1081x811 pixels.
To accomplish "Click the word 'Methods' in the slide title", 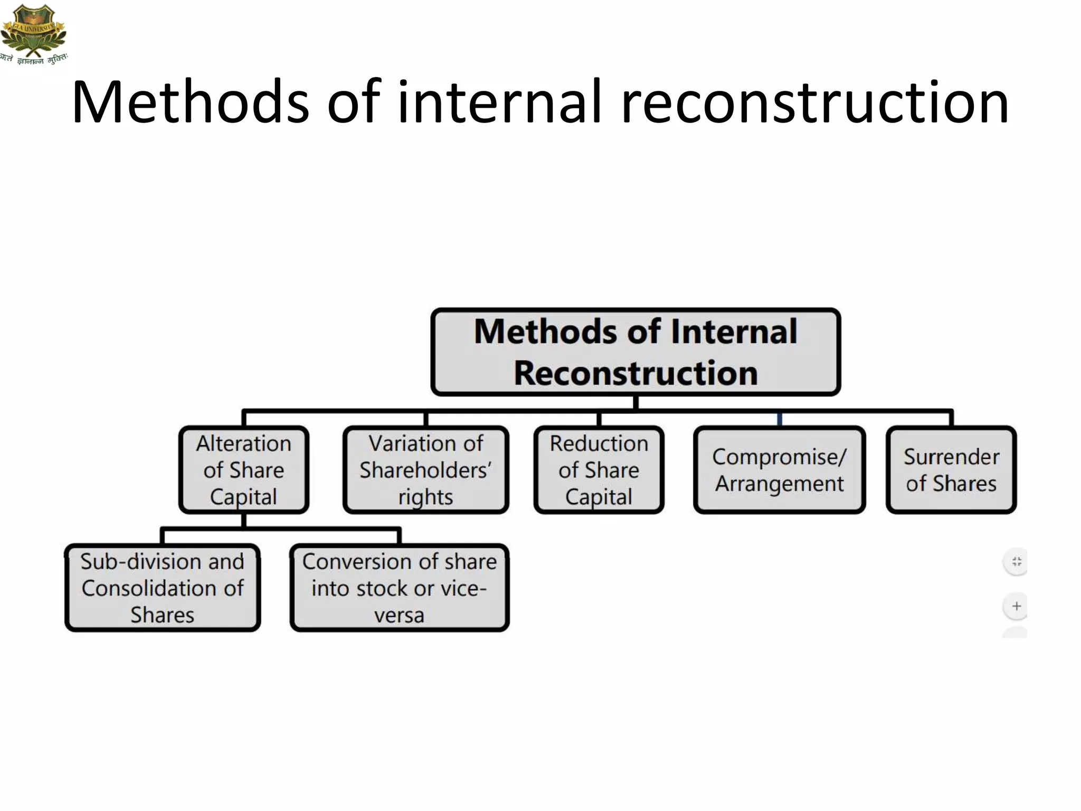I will coord(190,101).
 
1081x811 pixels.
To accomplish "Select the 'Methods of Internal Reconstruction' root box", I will coord(636,352).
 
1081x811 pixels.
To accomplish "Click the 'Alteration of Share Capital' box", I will coord(243,469).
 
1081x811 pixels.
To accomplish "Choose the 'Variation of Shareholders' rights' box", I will coord(425,469).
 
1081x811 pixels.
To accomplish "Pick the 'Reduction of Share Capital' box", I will coord(599,469).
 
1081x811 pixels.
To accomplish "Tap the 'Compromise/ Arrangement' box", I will coord(779,469).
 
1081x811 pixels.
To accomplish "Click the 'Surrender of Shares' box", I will coord(951,469).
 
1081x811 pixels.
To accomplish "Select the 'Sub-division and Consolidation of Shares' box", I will coord(162,588).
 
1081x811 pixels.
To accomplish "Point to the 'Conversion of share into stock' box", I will coord(399,588).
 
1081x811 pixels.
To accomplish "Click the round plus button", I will coord(1016,606).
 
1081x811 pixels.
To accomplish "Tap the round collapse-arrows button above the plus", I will coord(1016,561).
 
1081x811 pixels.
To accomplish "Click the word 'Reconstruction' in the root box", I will coord(636,373).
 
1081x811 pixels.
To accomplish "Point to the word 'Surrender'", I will coord(951,457).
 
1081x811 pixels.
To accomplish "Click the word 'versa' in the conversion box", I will coord(399,615).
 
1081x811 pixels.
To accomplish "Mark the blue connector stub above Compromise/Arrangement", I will coord(780,420).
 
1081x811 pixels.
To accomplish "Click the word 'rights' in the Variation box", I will coord(425,497).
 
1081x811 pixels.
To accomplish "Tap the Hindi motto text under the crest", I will coord(35,59).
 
